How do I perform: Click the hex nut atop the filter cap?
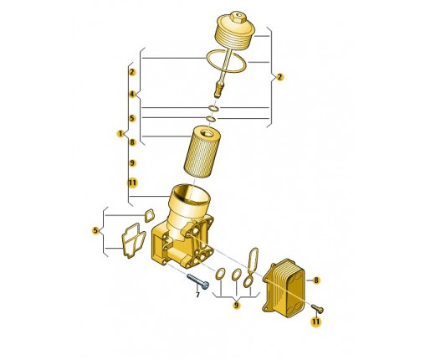(x=238, y=17)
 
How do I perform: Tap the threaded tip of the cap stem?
(x=218, y=91)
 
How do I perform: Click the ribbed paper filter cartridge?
(x=202, y=152)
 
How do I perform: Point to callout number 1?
(x=120, y=134)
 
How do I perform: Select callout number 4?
(x=132, y=94)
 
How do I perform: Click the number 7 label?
(x=197, y=295)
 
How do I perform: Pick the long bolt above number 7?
(x=197, y=281)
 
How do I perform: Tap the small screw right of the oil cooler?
(x=317, y=308)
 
